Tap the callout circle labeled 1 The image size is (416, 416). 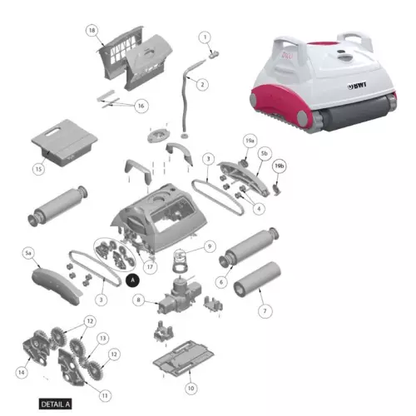(x=206, y=37)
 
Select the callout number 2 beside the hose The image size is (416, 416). (x=201, y=83)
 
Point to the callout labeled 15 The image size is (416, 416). (x=38, y=169)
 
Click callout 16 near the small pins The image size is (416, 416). (x=140, y=106)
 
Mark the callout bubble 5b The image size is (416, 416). (x=264, y=154)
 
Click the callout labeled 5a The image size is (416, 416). (x=27, y=251)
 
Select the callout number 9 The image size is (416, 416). (x=210, y=246)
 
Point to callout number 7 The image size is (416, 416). (x=265, y=310)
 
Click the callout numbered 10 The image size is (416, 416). (x=191, y=388)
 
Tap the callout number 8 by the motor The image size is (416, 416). (x=138, y=300)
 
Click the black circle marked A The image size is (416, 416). (x=131, y=282)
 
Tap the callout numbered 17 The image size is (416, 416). (x=150, y=267)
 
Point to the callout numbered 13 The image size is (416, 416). (x=103, y=339)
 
